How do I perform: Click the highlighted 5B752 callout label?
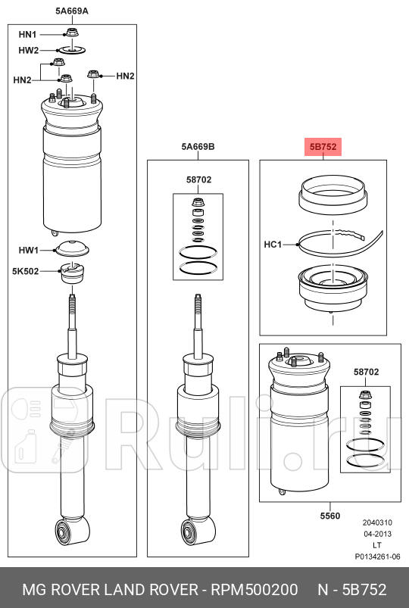click(x=323, y=147)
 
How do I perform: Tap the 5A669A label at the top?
click(x=72, y=11)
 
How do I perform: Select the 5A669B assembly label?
click(x=198, y=147)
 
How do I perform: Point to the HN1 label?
click(x=27, y=35)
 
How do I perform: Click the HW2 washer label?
click(x=29, y=51)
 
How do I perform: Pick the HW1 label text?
click(x=29, y=250)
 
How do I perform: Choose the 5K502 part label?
click(x=26, y=271)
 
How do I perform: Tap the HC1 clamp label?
click(x=273, y=245)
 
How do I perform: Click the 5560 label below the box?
click(x=329, y=516)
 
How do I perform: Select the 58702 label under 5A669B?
click(x=198, y=179)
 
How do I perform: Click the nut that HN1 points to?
click(x=72, y=33)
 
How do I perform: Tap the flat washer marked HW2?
click(x=72, y=50)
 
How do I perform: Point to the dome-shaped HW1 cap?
click(x=73, y=248)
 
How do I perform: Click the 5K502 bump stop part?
click(x=73, y=273)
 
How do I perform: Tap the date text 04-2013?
click(x=378, y=534)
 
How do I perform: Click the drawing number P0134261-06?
click(x=378, y=557)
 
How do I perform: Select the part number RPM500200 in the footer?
click(x=254, y=590)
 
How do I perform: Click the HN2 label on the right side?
click(x=125, y=76)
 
